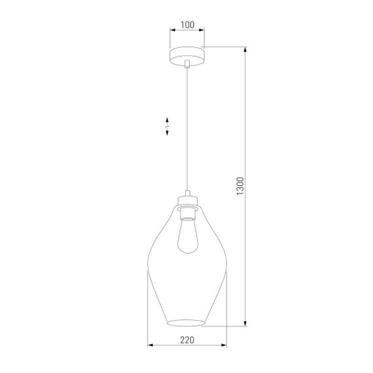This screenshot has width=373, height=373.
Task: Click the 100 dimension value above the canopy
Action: pos(187,25)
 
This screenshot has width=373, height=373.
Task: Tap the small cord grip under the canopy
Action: pos(187,63)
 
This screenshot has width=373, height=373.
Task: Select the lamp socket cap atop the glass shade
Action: pos(186,199)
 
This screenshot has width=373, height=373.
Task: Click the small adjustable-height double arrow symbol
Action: pos(168,126)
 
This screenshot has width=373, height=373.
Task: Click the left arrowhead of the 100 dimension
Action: pos(172,30)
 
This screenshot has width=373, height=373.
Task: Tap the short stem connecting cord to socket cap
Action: pos(187,192)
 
